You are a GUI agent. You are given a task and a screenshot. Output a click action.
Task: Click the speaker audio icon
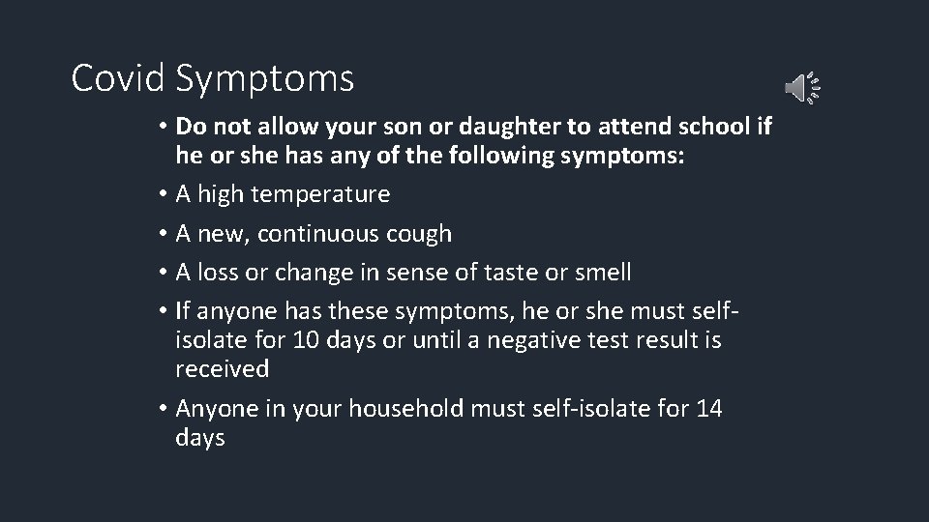coord(801,88)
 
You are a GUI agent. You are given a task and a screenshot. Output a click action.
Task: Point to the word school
coord(704,126)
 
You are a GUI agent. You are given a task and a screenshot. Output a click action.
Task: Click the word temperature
coord(320,195)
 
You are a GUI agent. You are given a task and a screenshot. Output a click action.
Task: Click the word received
coord(222,369)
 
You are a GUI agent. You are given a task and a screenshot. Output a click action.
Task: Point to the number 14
coord(708,409)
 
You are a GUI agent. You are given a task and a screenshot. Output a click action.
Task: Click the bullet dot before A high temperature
coord(166,195)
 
